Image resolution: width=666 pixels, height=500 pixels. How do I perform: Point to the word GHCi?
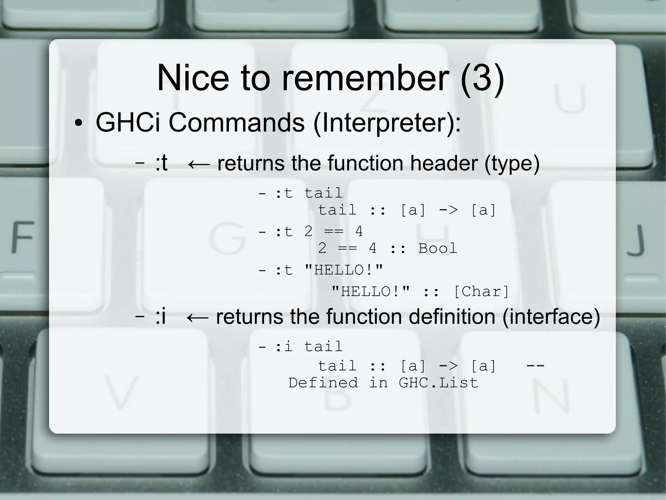click(128, 123)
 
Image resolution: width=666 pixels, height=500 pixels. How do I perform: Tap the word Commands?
click(236, 123)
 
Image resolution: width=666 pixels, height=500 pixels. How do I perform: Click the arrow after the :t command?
click(199, 164)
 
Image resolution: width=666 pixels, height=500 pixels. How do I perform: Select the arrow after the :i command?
click(197, 317)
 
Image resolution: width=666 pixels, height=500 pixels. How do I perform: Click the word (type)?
click(512, 163)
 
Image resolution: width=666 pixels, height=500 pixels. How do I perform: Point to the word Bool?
click(438, 249)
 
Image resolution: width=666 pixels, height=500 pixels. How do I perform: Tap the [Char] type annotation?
click(481, 292)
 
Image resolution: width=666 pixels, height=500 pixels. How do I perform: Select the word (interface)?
click(551, 317)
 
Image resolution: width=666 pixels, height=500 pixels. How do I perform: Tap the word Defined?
click(323, 383)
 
